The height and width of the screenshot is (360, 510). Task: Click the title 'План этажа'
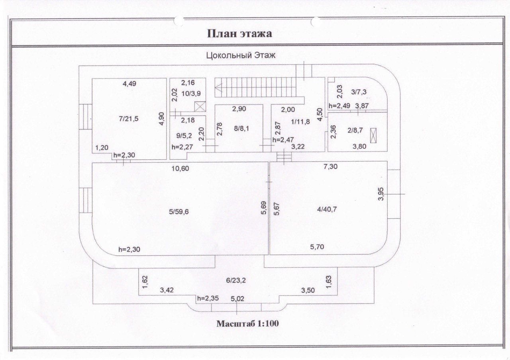(239, 33)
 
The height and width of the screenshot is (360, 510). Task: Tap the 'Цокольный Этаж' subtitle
(241, 56)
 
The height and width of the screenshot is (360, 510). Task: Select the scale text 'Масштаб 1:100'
(247, 323)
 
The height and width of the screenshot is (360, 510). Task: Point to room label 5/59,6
(178, 211)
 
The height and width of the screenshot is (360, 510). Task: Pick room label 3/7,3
(359, 92)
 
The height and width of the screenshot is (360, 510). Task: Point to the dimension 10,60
(180, 168)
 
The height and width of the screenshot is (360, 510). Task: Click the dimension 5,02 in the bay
(238, 298)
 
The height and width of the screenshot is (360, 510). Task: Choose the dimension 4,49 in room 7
(130, 84)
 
